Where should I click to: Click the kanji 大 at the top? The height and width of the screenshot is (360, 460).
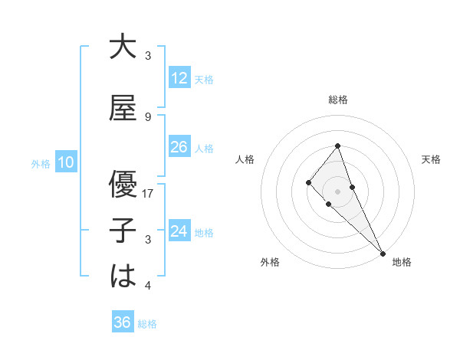pyautogui.click(x=123, y=47)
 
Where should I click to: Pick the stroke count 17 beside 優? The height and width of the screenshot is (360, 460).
pyautogui.click(x=149, y=194)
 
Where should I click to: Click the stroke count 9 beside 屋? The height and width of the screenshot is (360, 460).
pyautogui.click(x=148, y=117)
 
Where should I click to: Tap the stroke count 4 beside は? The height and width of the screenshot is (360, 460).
pyautogui.click(x=148, y=286)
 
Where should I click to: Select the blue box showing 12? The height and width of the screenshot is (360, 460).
pyautogui.click(x=179, y=78)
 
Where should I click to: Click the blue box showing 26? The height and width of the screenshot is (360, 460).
pyautogui.click(x=179, y=147)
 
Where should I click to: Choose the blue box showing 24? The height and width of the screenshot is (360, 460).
pyautogui.click(x=179, y=231)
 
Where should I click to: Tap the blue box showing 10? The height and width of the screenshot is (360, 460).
pyautogui.click(x=65, y=162)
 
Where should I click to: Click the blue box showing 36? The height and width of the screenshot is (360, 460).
pyautogui.click(x=122, y=322)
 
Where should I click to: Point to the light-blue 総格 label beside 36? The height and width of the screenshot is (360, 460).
pyautogui.click(x=147, y=324)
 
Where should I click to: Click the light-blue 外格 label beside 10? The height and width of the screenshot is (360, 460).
pyautogui.click(x=41, y=163)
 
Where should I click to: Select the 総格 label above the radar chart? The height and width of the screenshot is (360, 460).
pyautogui.click(x=337, y=100)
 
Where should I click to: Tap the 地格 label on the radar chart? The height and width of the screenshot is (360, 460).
pyautogui.click(x=402, y=262)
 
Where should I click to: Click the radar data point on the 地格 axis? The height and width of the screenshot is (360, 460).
pyautogui.click(x=383, y=253)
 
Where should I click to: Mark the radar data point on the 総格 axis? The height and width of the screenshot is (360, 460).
pyautogui.click(x=337, y=146)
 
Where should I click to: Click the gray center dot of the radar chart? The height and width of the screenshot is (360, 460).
pyautogui.click(x=337, y=191)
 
